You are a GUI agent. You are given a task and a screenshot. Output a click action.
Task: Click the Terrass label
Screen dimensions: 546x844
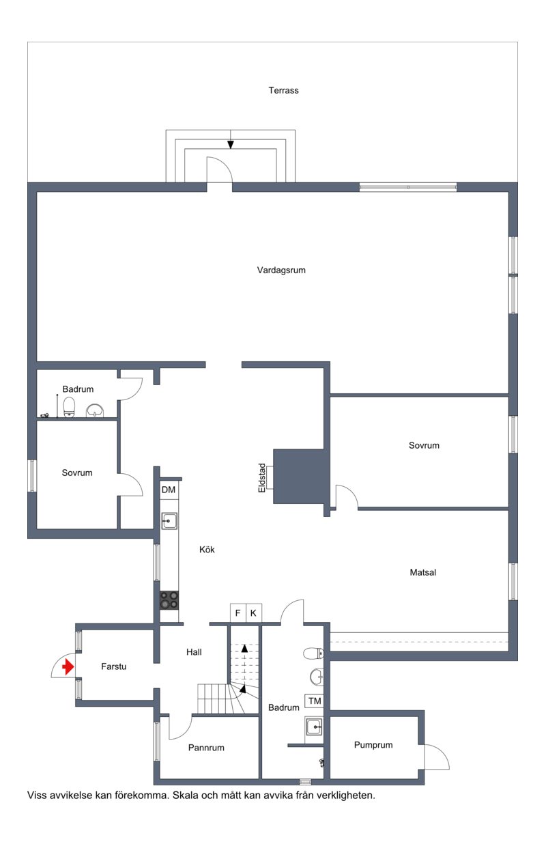pos(283,90)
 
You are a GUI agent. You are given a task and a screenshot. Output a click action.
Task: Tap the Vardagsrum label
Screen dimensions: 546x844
pos(281,270)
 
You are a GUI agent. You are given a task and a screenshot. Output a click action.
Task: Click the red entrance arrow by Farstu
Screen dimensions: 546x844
pos(68,666)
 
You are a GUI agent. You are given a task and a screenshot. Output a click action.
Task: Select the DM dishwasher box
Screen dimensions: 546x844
pos(169,490)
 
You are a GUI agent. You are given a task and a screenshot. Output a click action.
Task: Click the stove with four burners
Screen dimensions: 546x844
pos(169,600)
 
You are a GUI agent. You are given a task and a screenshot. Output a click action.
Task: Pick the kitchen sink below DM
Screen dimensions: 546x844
pos(169,521)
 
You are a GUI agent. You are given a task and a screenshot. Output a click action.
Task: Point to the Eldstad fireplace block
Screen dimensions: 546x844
pos(299,476)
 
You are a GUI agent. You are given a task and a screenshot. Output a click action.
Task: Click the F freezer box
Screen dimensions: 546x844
pos(238,613)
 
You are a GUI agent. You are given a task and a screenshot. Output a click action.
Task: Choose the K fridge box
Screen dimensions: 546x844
pos(254,613)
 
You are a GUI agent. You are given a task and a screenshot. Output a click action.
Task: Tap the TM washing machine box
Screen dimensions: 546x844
pos(315,701)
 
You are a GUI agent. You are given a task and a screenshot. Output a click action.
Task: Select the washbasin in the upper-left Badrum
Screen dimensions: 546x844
pos(95,410)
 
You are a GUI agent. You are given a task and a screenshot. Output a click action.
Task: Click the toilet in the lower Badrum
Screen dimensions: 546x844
pos(313,653)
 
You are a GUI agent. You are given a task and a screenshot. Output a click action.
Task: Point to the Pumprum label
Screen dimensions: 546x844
pos(373,745)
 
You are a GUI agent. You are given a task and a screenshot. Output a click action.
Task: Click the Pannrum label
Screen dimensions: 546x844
pos(206,748)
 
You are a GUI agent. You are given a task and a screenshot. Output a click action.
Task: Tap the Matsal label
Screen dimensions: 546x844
pos(423,572)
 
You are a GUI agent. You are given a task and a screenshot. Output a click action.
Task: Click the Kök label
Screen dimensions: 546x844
pos(207,550)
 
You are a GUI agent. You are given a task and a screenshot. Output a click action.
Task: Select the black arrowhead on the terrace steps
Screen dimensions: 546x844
pos(231,145)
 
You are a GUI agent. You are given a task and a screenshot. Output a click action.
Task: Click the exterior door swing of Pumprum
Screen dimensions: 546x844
pos(437,757)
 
